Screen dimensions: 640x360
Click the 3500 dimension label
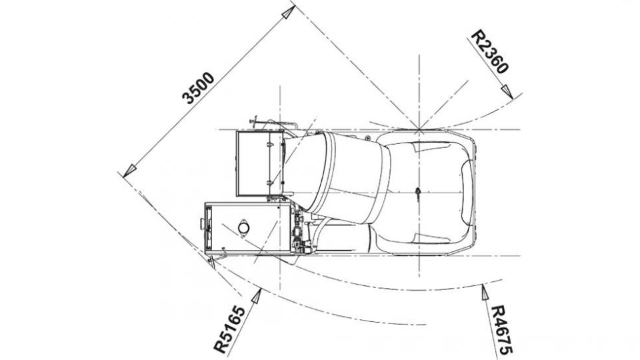click(x=198, y=88)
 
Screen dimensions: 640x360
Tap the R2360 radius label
click(x=490, y=52)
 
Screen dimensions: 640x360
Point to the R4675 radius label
click(x=501, y=330)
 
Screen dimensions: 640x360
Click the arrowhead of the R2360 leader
click(x=507, y=91)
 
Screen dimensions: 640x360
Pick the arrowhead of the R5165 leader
click(x=256, y=295)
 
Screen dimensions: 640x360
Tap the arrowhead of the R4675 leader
click(x=484, y=292)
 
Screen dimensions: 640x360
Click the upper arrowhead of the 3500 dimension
click(x=288, y=12)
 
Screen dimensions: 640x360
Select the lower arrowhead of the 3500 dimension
click(x=129, y=171)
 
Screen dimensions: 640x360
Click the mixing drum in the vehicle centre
click(x=337, y=177)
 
